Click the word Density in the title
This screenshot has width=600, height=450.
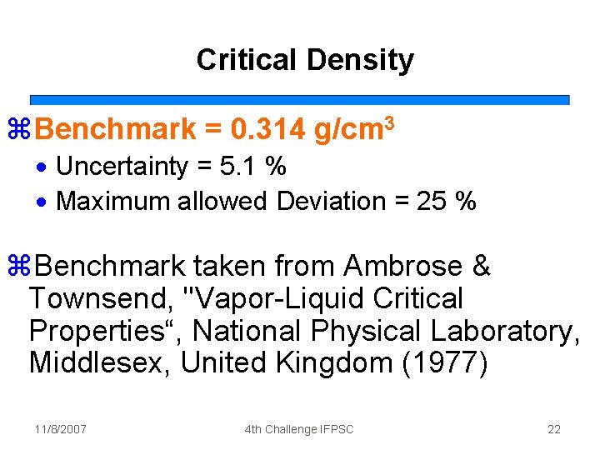(360, 60)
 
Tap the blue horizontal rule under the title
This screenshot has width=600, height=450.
(300, 99)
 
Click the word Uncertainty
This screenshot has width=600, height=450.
(122, 167)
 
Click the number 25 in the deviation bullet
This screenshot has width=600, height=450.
(431, 201)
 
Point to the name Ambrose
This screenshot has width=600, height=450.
(403, 267)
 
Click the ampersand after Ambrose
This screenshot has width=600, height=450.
(482, 267)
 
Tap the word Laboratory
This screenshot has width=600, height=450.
(505, 331)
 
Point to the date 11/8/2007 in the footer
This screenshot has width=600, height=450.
(61, 429)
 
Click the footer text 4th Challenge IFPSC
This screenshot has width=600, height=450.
(299, 429)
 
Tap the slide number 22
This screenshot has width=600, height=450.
(554, 429)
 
